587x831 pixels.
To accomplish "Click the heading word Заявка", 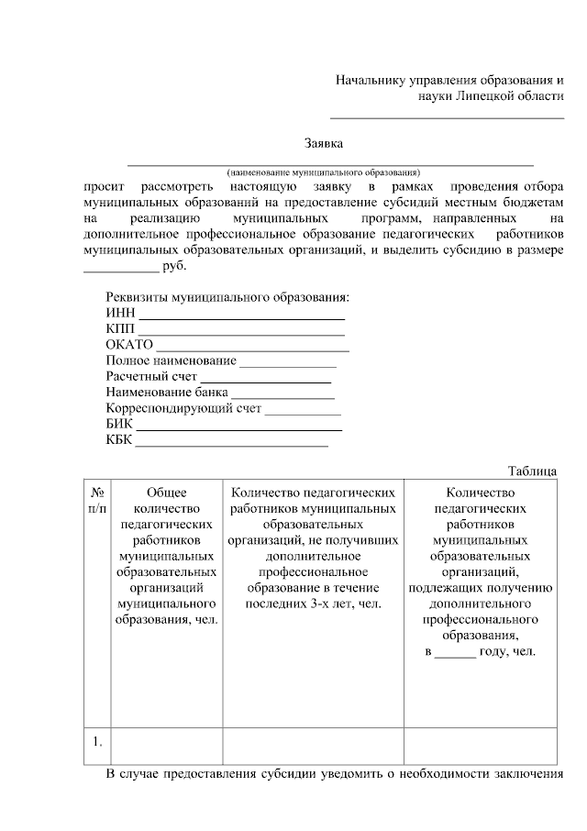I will coord(324,144).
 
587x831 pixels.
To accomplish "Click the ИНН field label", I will coord(121,314).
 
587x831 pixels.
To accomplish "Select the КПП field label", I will coord(120,329).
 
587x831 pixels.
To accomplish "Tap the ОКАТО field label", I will coord(129,345).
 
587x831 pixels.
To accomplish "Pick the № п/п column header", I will coord(96,500).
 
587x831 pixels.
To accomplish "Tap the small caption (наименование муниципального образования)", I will coord(324,172).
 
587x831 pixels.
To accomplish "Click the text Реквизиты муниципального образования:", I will coord(227,297).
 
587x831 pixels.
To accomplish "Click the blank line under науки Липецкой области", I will coord(447,117).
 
